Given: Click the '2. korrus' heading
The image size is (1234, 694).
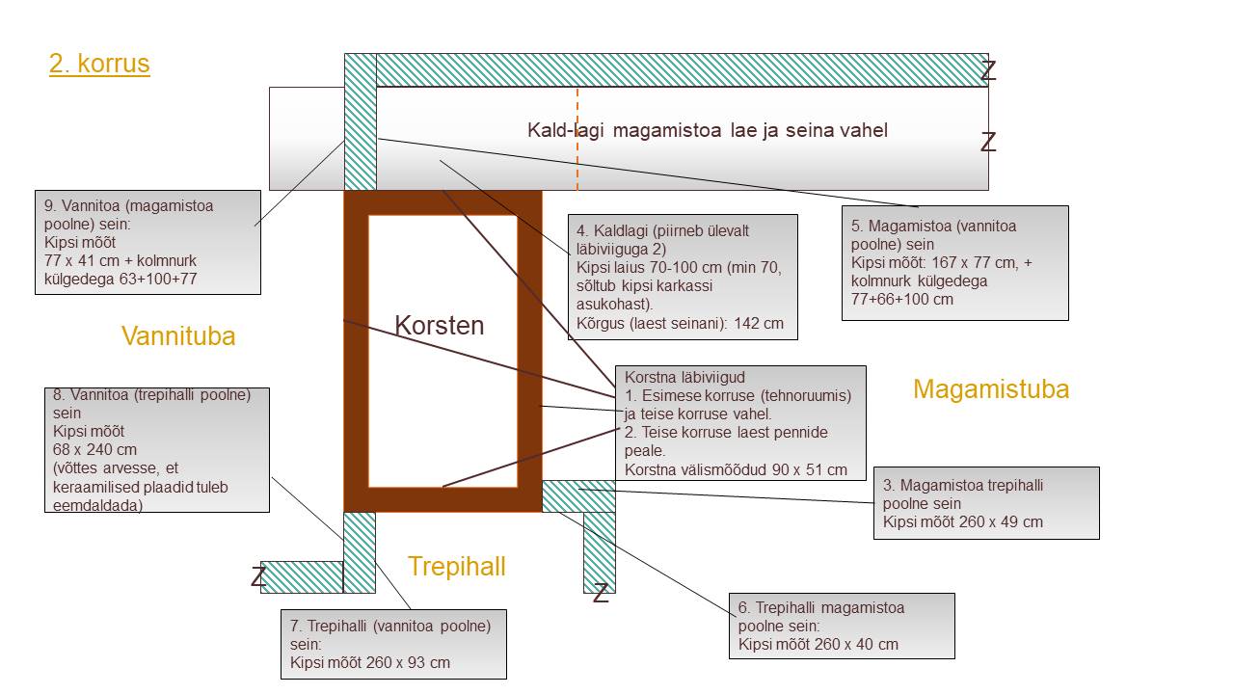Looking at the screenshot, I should click(x=99, y=64).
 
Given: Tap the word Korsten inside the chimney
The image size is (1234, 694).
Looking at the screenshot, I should click(x=440, y=325).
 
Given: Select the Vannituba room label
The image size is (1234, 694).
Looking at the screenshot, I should click(x=178, y=335).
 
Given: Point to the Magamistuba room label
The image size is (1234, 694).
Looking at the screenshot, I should click(x=990, y=388).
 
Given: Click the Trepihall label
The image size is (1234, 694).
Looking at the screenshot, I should click(x=456, y=566).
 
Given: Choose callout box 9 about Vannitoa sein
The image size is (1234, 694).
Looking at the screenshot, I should click(x=148, y=242).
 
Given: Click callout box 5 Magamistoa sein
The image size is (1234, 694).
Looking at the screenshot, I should click(x=954, y=262).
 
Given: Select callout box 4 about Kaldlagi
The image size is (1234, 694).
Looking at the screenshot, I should click(x=683, y=277).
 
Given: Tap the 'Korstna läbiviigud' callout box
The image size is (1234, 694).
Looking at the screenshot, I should click(x=739, y=422).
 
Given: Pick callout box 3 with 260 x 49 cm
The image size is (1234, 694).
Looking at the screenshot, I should click(x=985, y=503).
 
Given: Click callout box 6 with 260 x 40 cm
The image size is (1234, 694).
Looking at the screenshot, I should click(x=841, y=626).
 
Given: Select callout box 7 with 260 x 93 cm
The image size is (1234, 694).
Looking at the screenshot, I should click(x=392, y=644).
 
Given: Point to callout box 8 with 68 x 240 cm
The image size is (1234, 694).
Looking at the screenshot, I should click(x=157, y=449).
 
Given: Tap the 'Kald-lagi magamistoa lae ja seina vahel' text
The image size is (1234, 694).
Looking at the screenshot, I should click(x=707, y=130).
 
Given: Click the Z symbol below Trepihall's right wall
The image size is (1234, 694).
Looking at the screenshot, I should click(x=601, y=594).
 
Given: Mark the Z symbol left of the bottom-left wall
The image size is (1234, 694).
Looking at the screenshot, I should click(x=258, y=577).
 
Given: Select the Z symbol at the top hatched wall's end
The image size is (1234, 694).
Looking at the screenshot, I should click(x=988, y=70).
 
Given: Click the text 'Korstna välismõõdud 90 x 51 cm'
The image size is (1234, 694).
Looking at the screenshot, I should click(x=736, y=469).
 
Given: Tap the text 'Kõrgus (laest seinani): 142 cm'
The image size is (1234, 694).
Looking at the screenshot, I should click(x=680, y=323).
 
